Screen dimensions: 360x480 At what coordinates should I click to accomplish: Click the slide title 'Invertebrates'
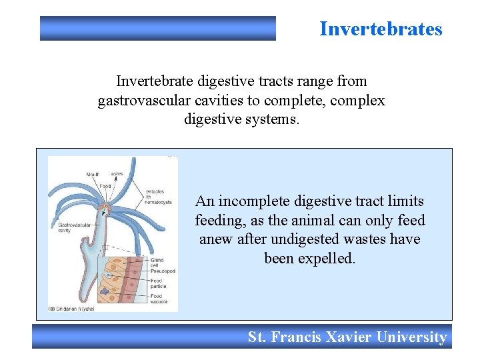click(381, 29)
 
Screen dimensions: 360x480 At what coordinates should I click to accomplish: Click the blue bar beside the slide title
click(158, 29)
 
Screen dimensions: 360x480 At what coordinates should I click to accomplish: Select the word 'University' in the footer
click(411, 337)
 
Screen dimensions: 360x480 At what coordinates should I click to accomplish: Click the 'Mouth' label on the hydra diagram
click(93, 175)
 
